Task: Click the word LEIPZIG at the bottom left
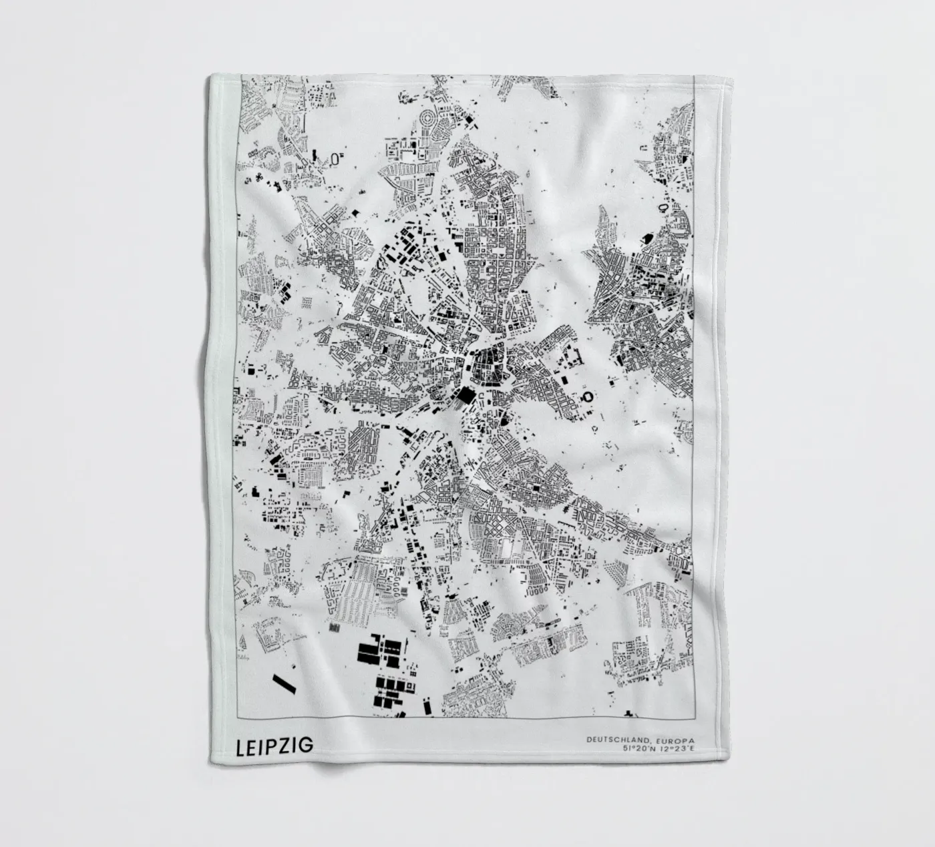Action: (274, 746)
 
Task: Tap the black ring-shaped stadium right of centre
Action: (589, 398)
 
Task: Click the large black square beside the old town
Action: (463, 394)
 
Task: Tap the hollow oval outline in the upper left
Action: (335, 158)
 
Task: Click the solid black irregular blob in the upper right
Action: (646, 238)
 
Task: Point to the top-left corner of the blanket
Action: (210, 75)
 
